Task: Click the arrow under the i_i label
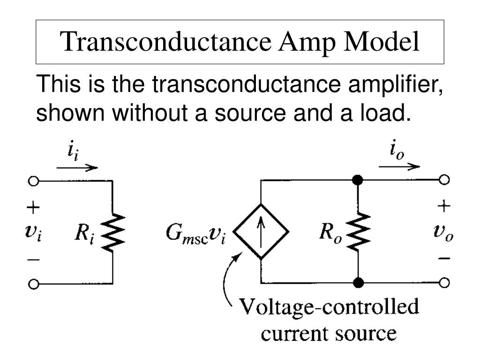[x=77, y=168]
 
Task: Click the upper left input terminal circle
[x=33, y=180]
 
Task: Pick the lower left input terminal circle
[x=33, y=284]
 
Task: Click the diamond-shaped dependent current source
[x=262, y=232]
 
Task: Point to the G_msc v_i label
[x=195, y=232]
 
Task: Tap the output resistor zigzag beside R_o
[x=359, y=232]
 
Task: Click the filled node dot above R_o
[x=358, y=180]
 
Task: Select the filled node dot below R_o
[x=358, y=283]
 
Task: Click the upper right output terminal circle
[x=444, y=180]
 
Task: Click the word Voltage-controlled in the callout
[x=329, y=309]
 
